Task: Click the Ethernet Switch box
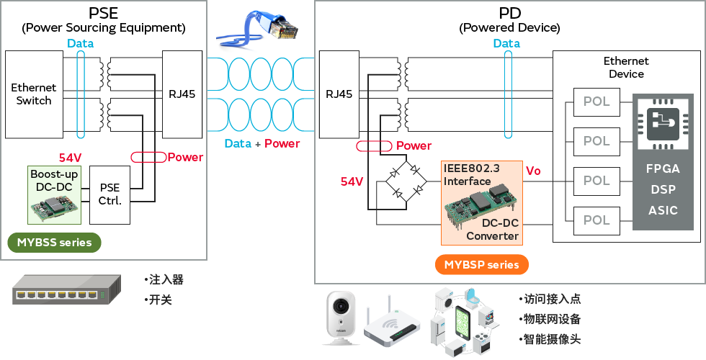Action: [x=34, y=94]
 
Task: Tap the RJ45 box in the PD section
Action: [x=339, y=94]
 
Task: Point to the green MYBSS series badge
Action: [x=55, y=243]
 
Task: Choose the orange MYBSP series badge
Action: [x=481, y=264]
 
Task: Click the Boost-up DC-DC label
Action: [x=55, y=179]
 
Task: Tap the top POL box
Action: [x=596, y=102]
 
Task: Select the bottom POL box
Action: [x=596, y=220]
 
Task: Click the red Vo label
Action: [x=533, y=171]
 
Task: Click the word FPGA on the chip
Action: [x=663, y=168]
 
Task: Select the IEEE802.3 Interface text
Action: [x=468, y=176]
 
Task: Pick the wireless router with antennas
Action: [x=390, y=323]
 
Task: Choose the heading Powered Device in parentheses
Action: [x=509, y=28]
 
